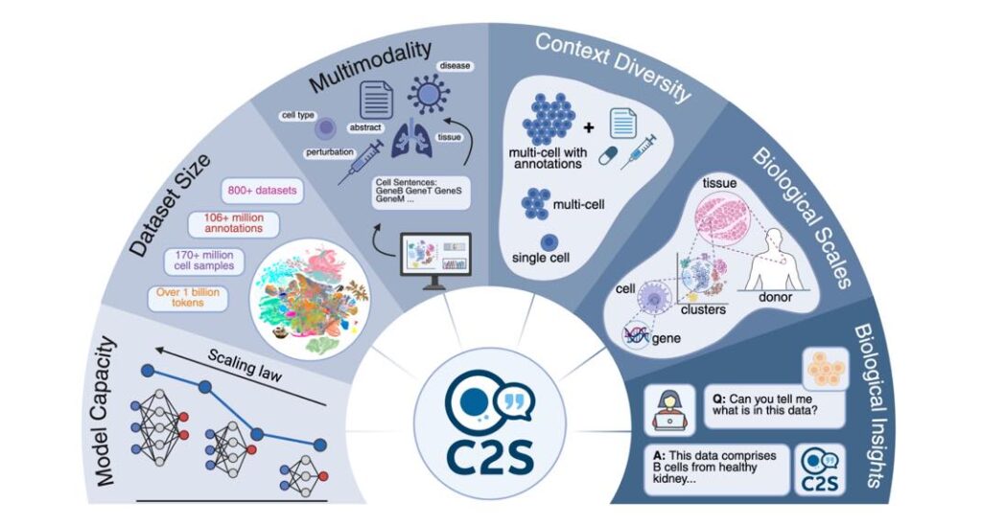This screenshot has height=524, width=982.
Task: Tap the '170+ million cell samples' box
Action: (x=206, y=261)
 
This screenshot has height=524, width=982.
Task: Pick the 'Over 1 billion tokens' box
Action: (x=187, y=298)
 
